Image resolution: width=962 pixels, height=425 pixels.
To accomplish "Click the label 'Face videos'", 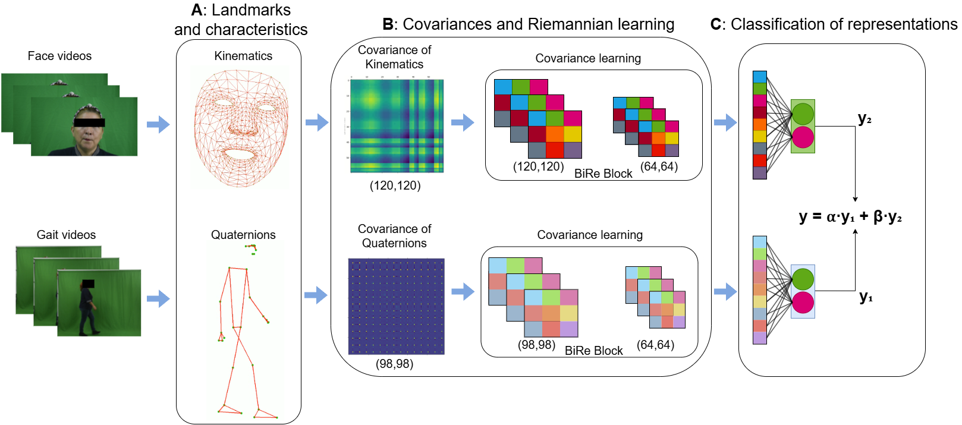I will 59,56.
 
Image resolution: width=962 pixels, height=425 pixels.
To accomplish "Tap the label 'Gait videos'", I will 66,235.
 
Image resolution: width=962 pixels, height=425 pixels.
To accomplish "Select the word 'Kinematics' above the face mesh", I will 243,56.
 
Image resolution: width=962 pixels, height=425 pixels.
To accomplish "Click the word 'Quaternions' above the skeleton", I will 243,235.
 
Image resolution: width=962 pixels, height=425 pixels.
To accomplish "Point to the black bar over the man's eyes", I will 89,122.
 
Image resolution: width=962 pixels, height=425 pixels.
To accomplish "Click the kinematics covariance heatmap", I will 397,126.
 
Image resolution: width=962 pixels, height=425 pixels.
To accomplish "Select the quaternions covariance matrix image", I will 396,306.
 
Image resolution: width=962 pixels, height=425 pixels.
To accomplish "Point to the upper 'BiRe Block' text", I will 603,174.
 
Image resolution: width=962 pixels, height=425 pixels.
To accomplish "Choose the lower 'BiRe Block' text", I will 593,351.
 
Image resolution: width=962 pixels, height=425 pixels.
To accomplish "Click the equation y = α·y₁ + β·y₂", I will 850,216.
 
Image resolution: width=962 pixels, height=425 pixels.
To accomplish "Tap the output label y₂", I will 864,119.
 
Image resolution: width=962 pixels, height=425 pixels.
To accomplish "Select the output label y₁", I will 866,297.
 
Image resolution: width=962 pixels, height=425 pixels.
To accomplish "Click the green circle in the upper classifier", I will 803,114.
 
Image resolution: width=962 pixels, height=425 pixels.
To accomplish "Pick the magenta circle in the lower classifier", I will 803,303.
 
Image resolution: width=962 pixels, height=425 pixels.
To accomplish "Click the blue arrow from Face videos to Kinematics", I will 158,124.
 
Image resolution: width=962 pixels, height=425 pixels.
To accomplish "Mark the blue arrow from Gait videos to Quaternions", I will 158,298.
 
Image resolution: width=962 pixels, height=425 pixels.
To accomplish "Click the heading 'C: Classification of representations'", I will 834,24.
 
